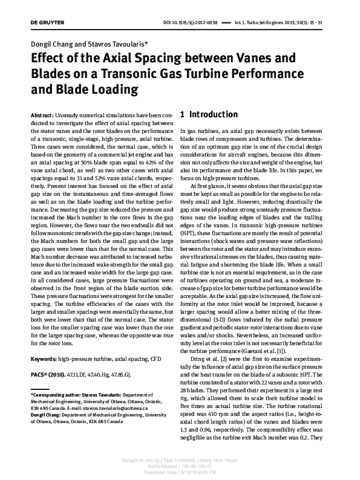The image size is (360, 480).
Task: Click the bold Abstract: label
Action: click(x=42, y=115)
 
